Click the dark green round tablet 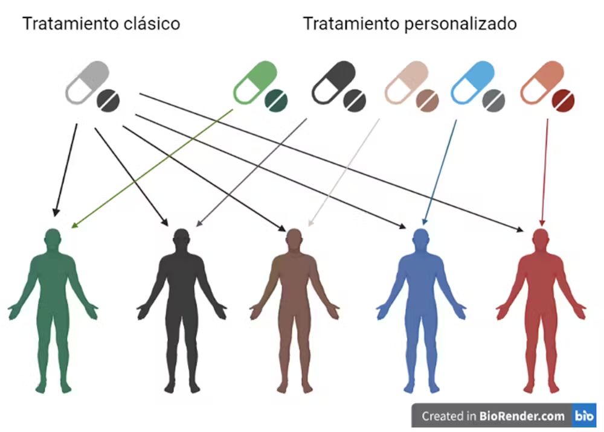(x=278, y=100)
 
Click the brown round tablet (x=427, y=100)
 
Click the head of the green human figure (x=53, y=238)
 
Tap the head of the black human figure (x=181, y=238)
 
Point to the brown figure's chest (x=294, y=268)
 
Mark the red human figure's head (x=541, y=238)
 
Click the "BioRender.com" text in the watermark (x=523, y=416)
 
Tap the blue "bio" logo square (x=583, y=416)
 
